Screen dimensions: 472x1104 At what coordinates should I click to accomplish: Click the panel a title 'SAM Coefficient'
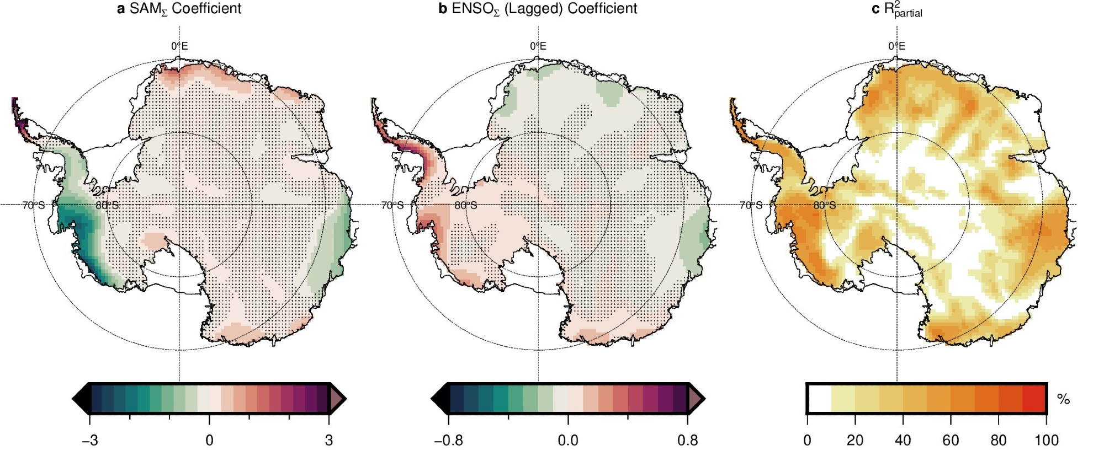[179, 9]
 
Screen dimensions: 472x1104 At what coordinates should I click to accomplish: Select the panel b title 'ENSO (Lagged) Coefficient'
[538, 9]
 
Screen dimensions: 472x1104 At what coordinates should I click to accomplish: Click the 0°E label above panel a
[179, 46]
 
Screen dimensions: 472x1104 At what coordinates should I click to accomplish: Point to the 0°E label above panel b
[538, 46]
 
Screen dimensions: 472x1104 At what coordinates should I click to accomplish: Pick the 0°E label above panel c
[897, 46]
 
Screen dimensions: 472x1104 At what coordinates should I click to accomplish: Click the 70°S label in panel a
[34, 206]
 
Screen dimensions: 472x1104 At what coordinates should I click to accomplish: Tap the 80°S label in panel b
[466, 206]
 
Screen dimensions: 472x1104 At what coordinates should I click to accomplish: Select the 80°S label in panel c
[825, 206]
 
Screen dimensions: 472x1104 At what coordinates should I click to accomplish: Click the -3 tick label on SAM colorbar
[89, 441]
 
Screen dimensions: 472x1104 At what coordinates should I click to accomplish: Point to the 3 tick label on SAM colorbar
[329, 441]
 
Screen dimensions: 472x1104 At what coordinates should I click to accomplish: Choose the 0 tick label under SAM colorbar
[209, 441]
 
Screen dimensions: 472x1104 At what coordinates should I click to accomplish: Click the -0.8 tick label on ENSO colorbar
[448, 441]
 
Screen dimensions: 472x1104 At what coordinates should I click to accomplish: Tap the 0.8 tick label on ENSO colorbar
[687, 441]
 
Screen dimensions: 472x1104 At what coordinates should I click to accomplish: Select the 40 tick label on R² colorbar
[903, 441]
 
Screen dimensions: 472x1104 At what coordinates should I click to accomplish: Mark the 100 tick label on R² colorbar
[1047, 441]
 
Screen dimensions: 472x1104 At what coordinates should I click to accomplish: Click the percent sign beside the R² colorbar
[1063, 399]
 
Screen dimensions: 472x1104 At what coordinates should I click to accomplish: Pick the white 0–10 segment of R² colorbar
[820, 398]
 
